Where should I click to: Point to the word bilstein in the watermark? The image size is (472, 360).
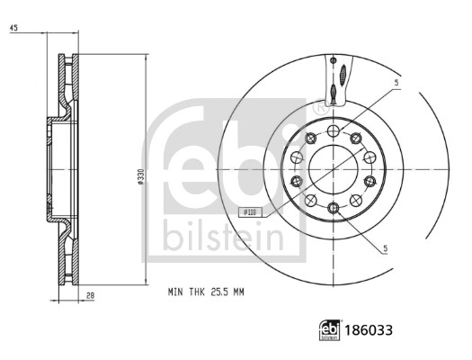[x=222, y=237]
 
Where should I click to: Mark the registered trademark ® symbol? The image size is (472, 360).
[x=317, y=108]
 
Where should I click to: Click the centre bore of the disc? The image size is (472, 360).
[x=334, y=170]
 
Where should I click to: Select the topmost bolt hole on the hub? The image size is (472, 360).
[x=334, y=131]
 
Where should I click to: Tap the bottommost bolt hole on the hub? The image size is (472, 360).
[x=334, y=210]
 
